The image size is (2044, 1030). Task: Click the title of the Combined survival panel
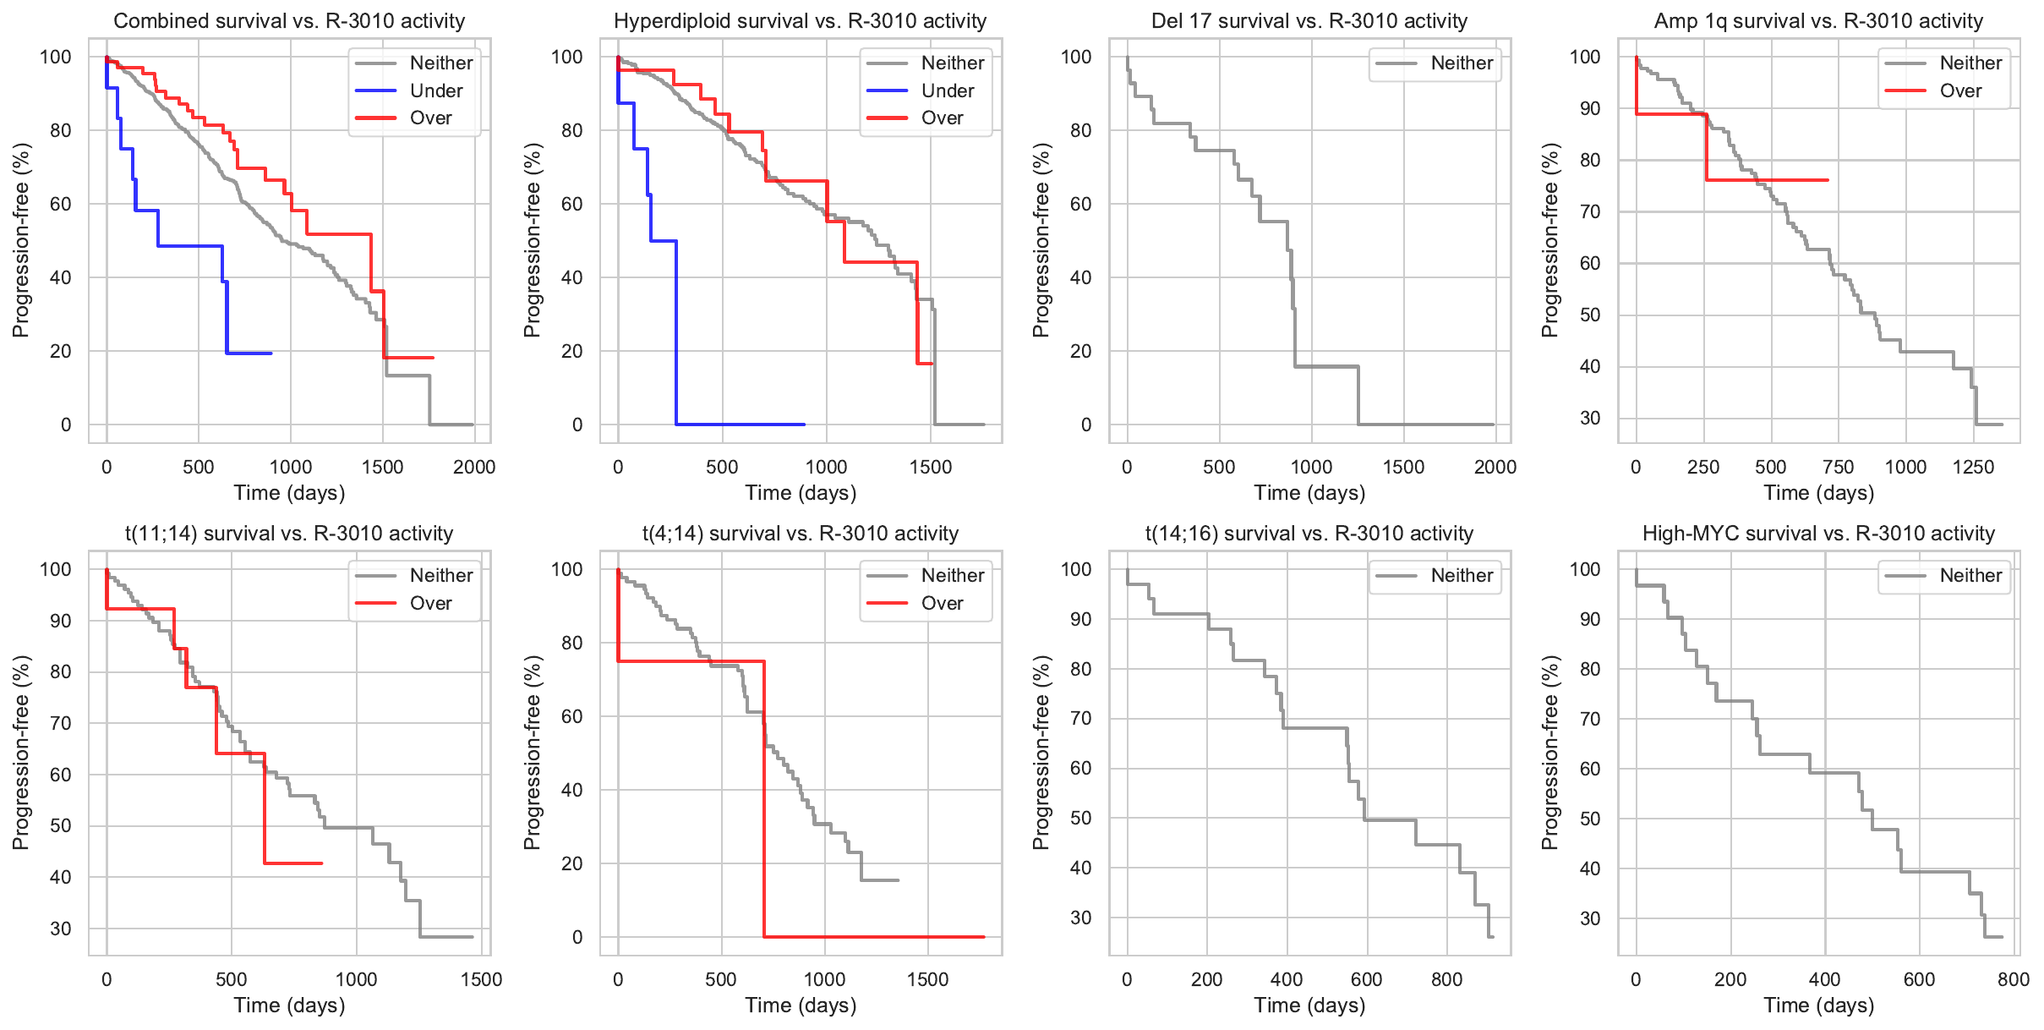pos(289,21)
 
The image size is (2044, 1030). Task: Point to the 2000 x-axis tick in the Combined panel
pos(474,467)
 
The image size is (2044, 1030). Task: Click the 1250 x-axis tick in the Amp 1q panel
pos(1973,467)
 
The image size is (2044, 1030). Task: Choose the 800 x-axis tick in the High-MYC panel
pos(2014,979)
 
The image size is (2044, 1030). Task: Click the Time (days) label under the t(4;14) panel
pos(801,1005)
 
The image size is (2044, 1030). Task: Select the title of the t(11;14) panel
pos(289,534)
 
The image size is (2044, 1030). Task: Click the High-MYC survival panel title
pos(1818,534)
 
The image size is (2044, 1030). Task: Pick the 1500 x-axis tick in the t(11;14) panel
pos(482,979)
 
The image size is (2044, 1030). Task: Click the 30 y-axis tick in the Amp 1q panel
pos(1590,418)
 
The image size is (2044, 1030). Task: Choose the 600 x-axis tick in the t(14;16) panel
pos(1366,979)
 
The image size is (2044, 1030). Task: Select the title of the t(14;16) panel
pos(1309,534)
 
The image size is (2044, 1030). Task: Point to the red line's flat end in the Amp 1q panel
pos(1826,180)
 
